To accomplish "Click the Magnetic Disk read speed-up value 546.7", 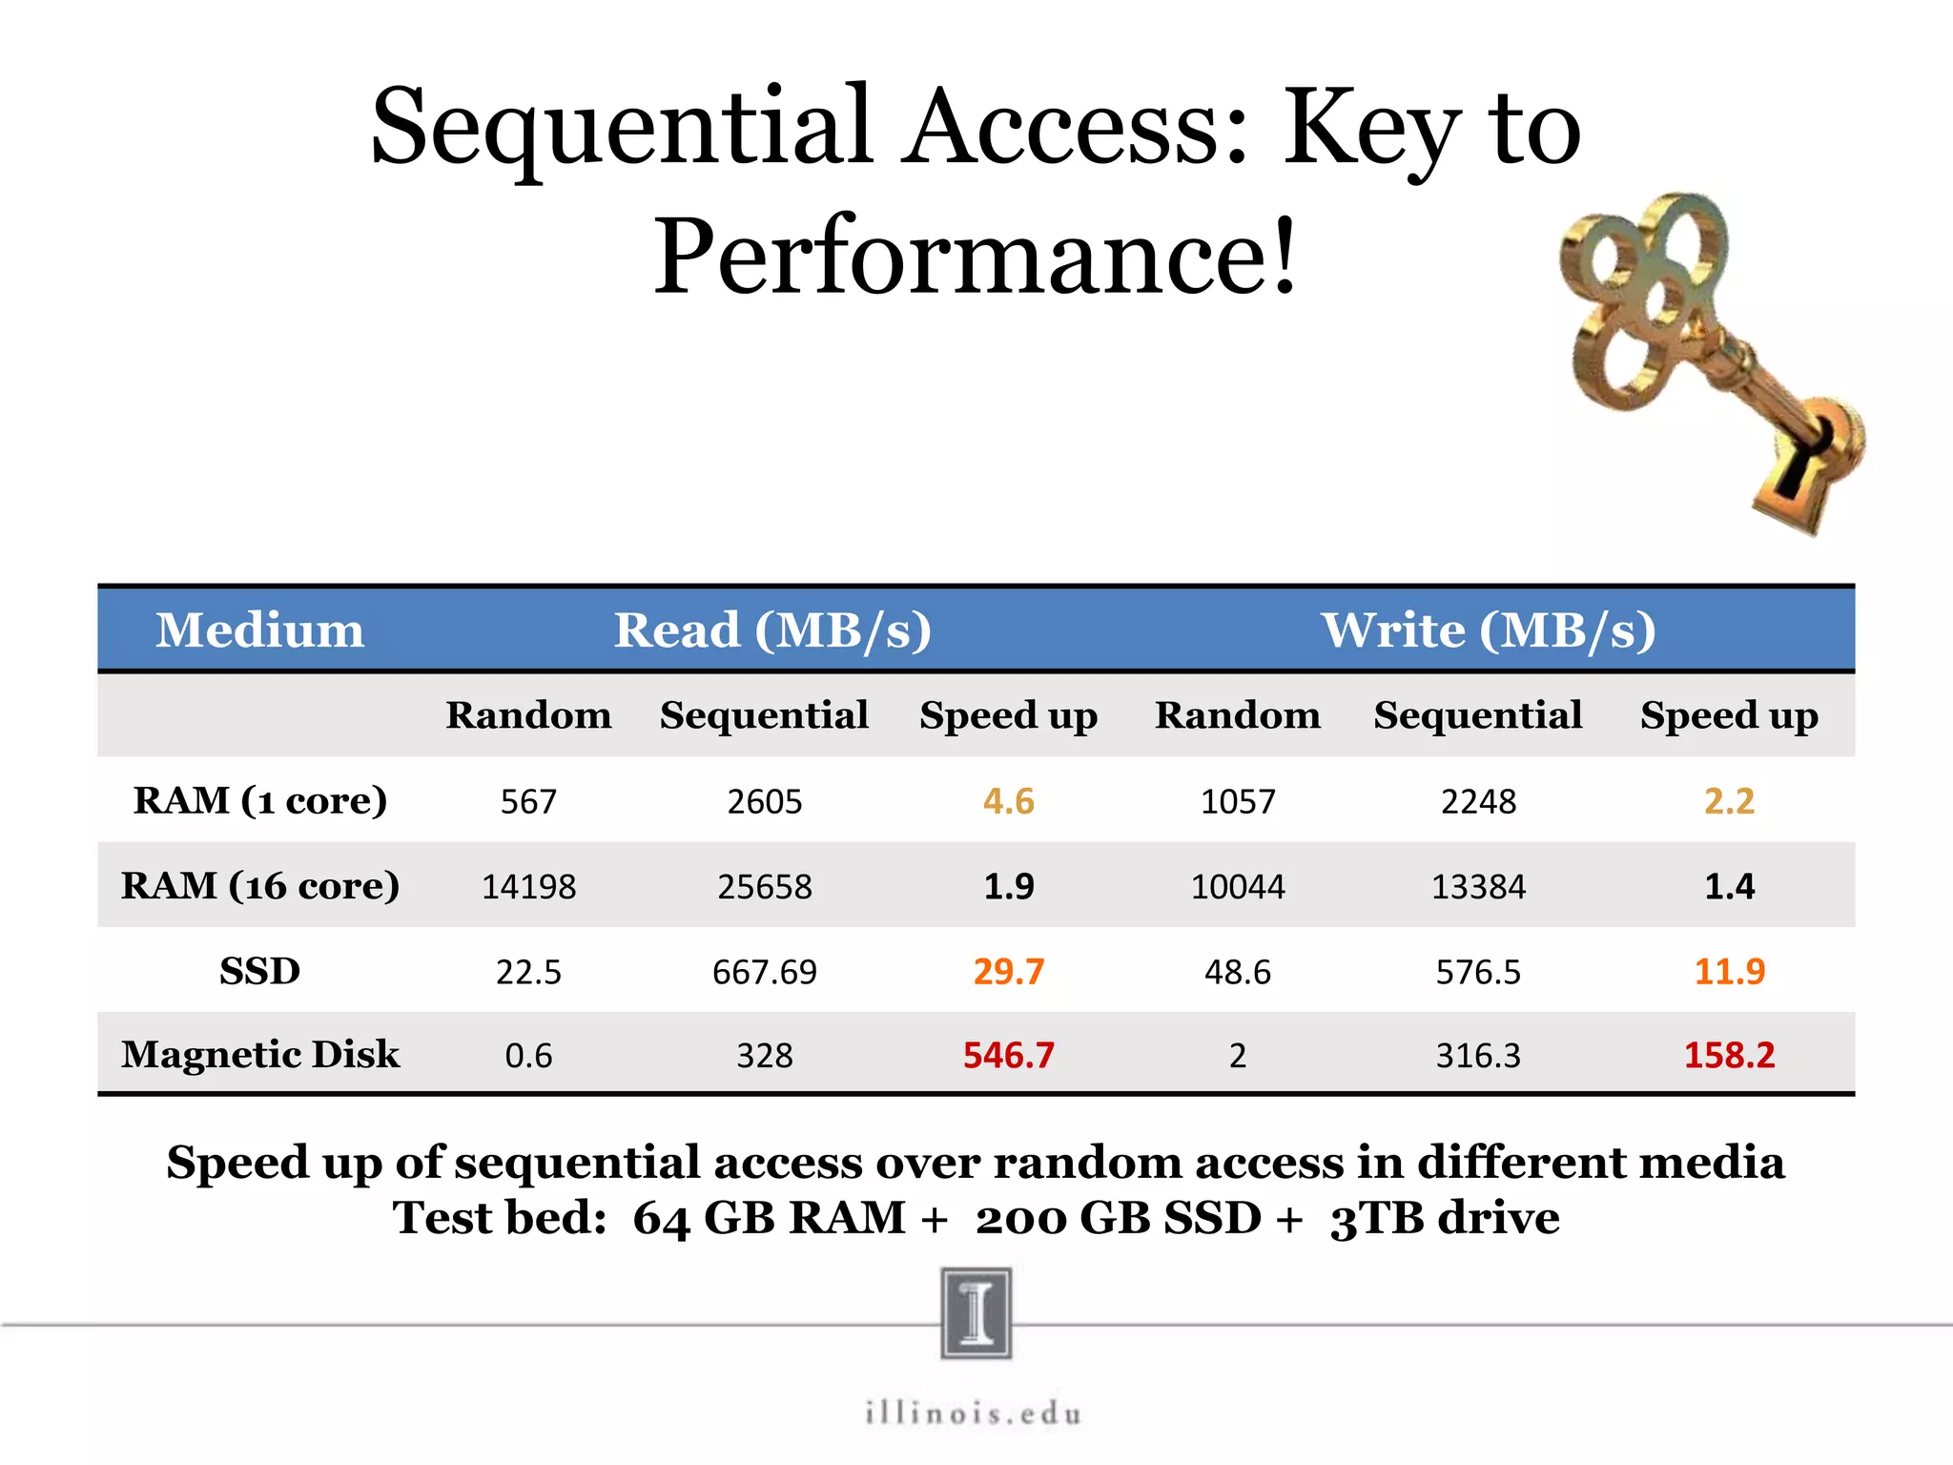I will pyautogui.click(x=1008, y=1055).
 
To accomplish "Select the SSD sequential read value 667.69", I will pyautogui.click(x=764, y=972).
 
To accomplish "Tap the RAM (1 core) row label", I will pyautogui.click(x=259, y=800).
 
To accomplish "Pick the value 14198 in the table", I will pyautogui.click(x=528, y=887).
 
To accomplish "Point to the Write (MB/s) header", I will pyautogui.click(x=1488, y=630).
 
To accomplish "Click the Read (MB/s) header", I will pyautogui.click(x=771, y=630).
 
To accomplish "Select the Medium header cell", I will pyautogui.click(x=259, y=630).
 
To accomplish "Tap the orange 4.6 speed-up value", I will pyautogui.click(x=1008, y=801).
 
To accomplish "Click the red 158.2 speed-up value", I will pyautogui.click(x=1729, y=1055).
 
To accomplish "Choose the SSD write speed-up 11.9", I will pyautogui.click(x=1729, y=972).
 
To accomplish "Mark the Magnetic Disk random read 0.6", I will pyautogui.click(x=528, y=1056).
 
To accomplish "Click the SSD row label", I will pyautogui.click(x=259, y=971).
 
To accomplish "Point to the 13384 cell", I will pyautogui.click(x=1478, y=887).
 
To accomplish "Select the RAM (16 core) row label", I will pyautogui.click(x=259, y=886).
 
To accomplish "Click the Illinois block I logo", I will pyautogui.click(x=976, y=1312).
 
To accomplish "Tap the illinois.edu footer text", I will pyautogui.click(x=974, y=1413).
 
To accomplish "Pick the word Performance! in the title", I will pyautogui.click(x=975, y=257).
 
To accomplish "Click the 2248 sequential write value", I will pyautogui.click(x=1478, y=801).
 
